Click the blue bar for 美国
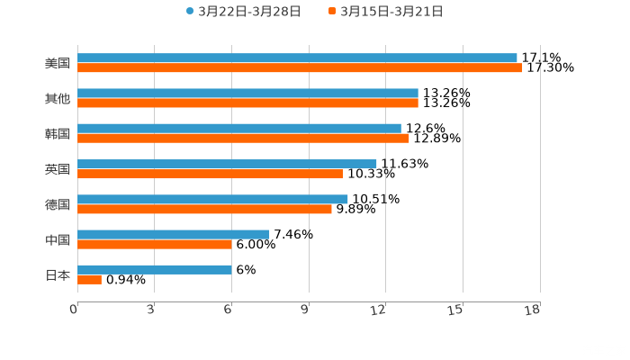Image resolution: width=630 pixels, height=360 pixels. click(x=297, y=58)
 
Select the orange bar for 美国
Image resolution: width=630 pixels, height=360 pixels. click(x=300, y=68)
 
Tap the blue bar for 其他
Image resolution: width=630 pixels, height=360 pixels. click(x=247, y=94)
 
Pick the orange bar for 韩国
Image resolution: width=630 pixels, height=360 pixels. click(x=243, y=139)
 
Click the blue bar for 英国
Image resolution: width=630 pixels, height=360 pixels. click(x=227, y=164)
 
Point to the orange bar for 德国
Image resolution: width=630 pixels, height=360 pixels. click(x=204, y=209)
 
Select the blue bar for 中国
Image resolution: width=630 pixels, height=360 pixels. click(x=174, y=234)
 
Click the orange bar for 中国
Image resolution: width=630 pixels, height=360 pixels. click(x=155, y=244)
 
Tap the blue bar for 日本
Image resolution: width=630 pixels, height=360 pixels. click(x=155, y=269)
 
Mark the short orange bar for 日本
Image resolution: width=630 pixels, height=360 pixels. click(x=89, y=279)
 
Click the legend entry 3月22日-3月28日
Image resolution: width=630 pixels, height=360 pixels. click(x=243, y=12)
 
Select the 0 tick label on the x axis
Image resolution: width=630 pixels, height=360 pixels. click(x=74, y=310)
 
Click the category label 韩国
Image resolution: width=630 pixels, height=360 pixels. click(x=58, y=133)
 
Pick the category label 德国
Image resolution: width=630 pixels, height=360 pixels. click(x=58, y=204)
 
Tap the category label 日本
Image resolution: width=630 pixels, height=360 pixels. click(x=58, y=274)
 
